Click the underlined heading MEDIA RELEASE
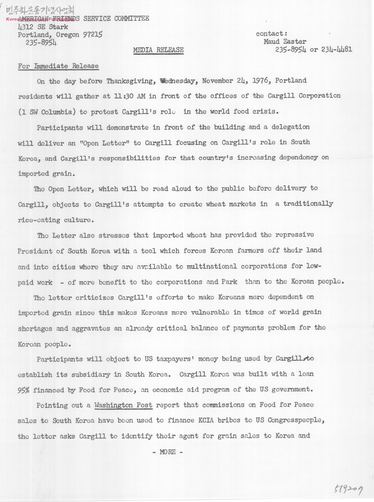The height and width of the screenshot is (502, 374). click(x=158, y=50)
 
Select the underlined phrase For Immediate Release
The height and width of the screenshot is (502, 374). click(x=58, y=66)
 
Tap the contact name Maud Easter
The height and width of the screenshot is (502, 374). click(x=285, y=41)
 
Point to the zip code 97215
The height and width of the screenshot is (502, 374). click(x=93, y=34)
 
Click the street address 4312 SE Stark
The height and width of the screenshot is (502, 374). click(x=43, y=27)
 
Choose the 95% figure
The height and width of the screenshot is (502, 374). click(x=23, y=390)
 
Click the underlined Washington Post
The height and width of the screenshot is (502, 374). click(x=123, y=405)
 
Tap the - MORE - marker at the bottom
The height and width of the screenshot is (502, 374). click(x=168, y=452)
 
